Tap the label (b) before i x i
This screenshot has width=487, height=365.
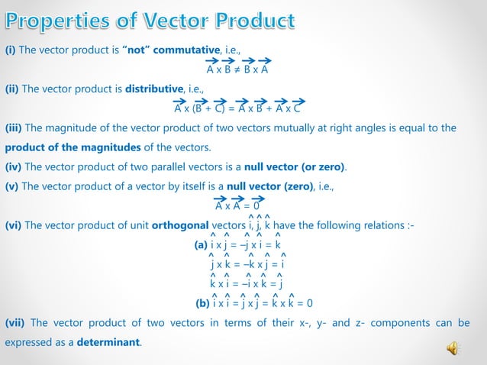(x=203, y=302)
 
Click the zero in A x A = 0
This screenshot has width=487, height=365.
(x=256, y=206)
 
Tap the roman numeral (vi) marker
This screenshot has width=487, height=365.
(x=14, y=225)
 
